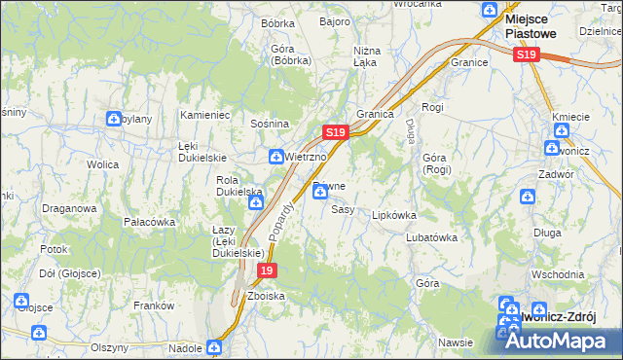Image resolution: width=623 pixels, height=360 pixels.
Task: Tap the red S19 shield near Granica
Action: click(334, 130)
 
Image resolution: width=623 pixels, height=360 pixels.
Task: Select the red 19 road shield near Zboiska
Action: click(267, 270)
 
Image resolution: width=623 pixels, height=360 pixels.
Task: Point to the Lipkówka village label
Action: click(393, 215)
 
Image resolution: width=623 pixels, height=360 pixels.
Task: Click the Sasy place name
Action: click(342, 209)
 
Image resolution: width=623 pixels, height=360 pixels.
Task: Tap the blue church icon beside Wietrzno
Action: click(276, 157)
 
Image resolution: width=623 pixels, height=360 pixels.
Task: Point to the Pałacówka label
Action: click(149, 222)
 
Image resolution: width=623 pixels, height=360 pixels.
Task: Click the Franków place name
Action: click(153, 306)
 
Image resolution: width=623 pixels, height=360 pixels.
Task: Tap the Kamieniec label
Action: click(204, 115)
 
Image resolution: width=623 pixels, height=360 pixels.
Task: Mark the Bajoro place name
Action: click(335, 21)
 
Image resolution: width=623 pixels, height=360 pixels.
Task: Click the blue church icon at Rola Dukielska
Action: click(256, 203)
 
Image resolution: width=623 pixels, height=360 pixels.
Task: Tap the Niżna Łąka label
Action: click(366, 56)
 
